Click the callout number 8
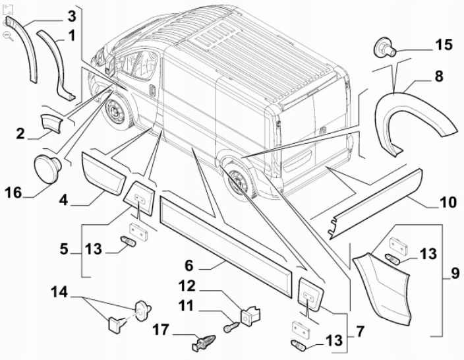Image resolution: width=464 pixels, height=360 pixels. click(438, 76)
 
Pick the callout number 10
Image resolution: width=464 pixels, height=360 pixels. click(448, 202)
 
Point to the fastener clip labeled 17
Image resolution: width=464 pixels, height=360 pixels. click(200, 343)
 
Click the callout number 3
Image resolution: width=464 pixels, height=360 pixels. click(71, 15)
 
